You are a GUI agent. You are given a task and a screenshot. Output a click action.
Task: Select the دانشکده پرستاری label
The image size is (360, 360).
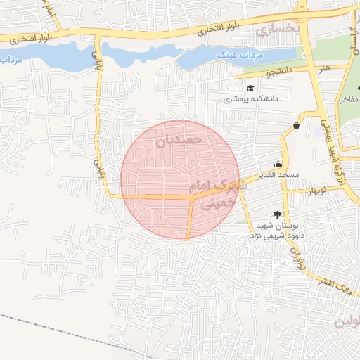252,98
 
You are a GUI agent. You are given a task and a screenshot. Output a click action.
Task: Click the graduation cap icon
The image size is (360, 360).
251,88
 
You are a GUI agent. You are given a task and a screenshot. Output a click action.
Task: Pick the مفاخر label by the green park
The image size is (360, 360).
349,100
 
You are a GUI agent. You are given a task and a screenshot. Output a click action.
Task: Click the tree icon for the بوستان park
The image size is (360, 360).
277,214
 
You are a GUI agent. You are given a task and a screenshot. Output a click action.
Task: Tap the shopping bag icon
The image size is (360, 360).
297,126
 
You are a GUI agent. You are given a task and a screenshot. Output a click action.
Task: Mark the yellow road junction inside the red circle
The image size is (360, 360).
192,198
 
